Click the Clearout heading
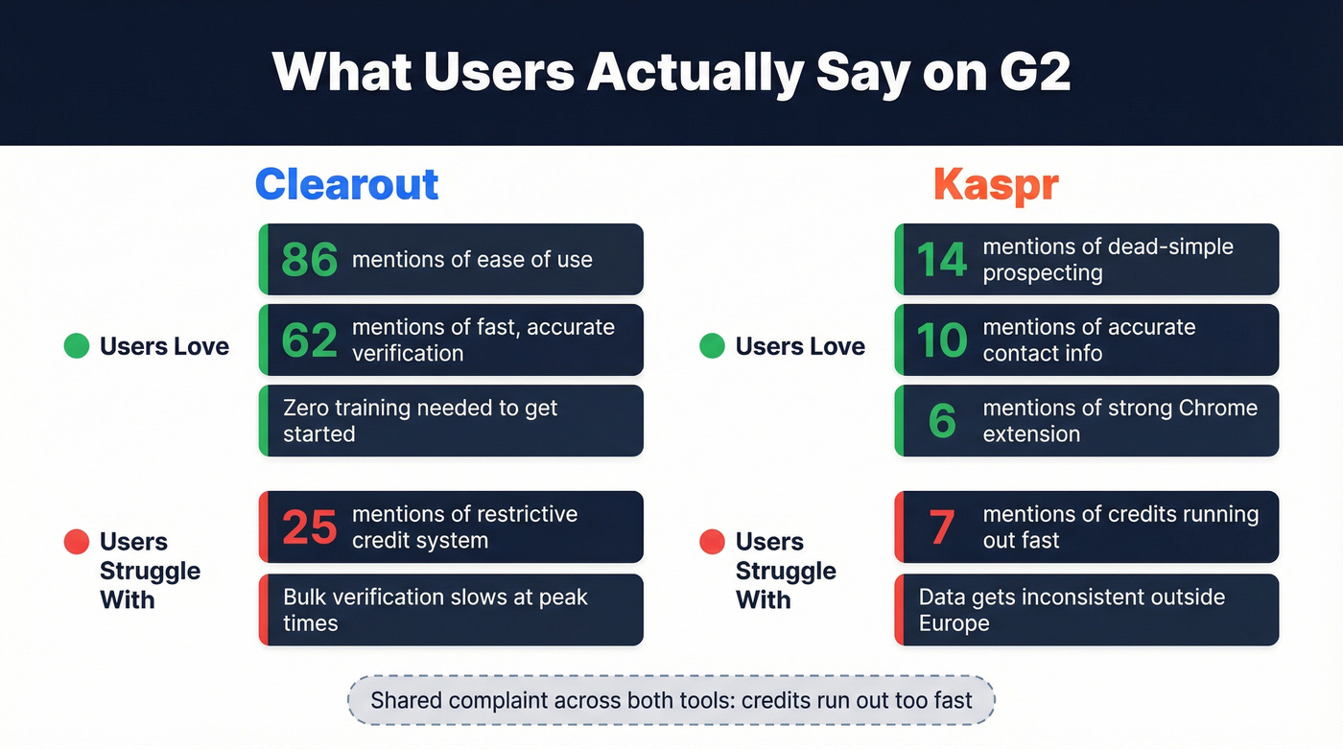click(346, 184)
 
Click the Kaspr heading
click(996, 184)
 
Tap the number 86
click(309, 260)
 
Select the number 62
click(309, 340)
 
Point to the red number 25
click(309, 527)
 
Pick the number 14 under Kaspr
click(941, 260)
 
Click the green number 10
click(941, 340)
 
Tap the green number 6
click(942, 421)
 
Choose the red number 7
click(942, 527)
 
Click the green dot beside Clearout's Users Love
click(76, 346)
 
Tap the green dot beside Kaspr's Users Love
click(712, 346)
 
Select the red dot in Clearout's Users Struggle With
click(76, 542)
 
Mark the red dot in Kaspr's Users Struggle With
click(712, 542)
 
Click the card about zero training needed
click(451, 421)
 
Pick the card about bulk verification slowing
click(451, 610)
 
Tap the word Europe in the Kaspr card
click(954, 623)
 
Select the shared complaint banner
click(671, 700)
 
